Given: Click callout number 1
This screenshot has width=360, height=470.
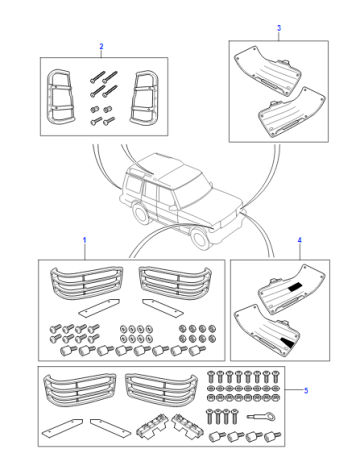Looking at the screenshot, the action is pos(85,240).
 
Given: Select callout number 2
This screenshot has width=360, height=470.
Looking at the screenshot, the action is pos(101,46).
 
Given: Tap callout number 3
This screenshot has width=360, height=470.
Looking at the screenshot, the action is pos(279,28).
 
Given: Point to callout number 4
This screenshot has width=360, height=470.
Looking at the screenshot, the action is pos(300,240).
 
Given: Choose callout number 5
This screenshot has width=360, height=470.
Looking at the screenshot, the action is pos(306,390).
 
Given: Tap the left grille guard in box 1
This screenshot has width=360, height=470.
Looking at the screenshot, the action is pos(86,282).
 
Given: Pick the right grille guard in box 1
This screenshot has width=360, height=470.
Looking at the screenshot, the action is pos(175,282).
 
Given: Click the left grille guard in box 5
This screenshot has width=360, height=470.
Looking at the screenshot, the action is pos(80,390).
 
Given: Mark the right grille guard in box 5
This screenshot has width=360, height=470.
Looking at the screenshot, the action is pos(161,390).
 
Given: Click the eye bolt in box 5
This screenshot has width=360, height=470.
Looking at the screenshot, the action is pos(261,416).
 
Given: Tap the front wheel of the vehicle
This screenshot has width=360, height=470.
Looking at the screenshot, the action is pos(199,238).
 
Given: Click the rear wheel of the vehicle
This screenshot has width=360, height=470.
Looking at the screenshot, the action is pos(141,212).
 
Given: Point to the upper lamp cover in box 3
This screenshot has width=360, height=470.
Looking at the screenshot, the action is pos(268,69).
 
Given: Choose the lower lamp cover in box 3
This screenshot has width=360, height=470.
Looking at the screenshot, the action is pos(292,112).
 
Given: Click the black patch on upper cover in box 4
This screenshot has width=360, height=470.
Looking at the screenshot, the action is pos(294,286).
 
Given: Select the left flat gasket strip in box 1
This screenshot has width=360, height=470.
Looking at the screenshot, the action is pos(99,307).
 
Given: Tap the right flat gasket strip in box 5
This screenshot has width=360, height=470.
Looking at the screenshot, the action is pos(110,428).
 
